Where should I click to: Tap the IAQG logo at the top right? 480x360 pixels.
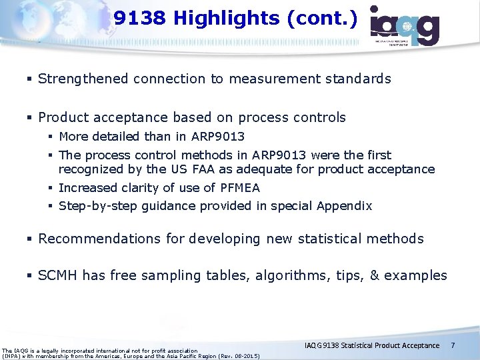click(x=405, y=26)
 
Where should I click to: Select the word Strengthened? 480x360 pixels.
click(x=83, y=79)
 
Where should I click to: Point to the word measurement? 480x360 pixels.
click(x=273, y=79)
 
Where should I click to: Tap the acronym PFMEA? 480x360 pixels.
click(x=237, y=188)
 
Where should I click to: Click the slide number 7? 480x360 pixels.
click(x=453, y=345)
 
